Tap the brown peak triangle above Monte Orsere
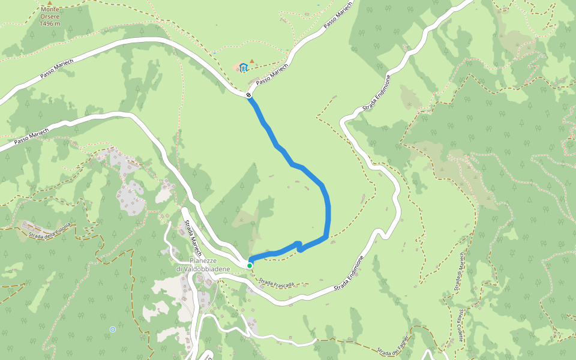50,3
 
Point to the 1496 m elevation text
50,23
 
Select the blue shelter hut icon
244,67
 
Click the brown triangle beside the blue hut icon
253,61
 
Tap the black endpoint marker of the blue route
248,95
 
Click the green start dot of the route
250,265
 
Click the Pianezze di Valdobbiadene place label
202,265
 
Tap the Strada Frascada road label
277,282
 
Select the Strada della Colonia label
49,230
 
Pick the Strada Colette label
460,325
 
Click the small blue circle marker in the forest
113,329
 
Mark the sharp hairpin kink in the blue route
299,245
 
